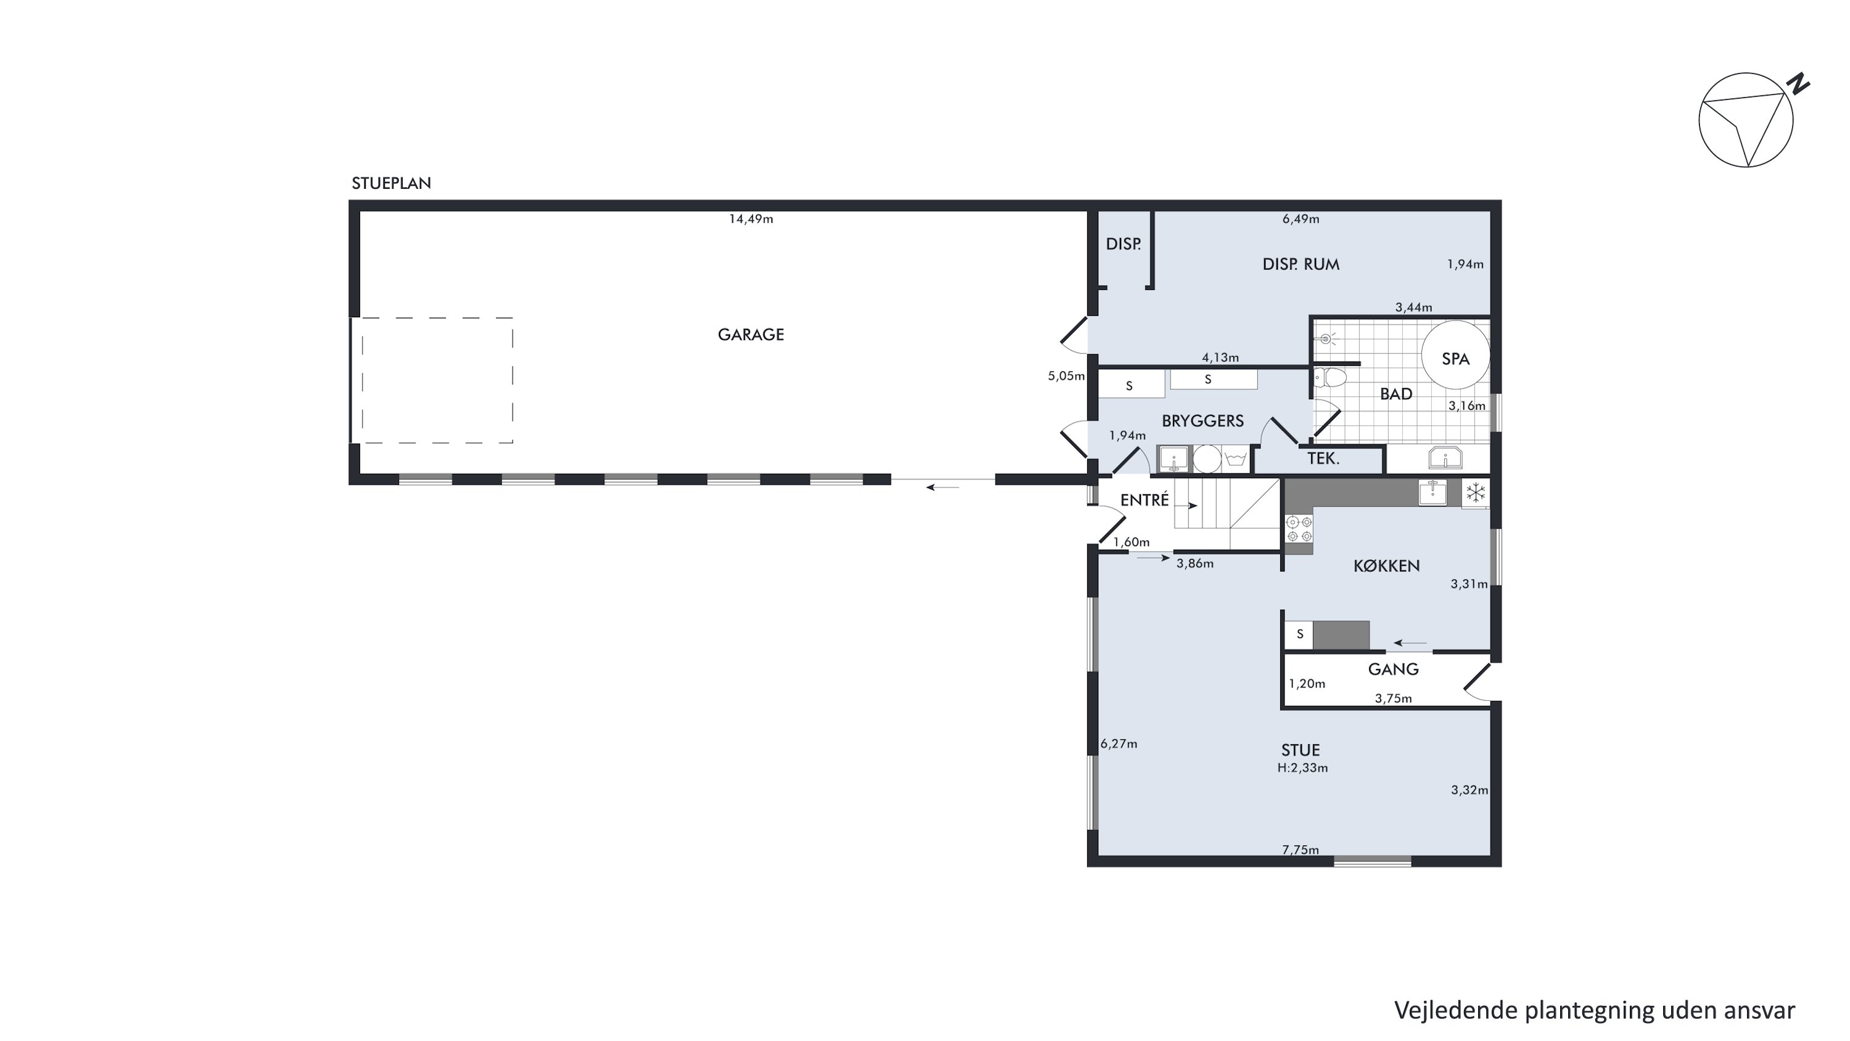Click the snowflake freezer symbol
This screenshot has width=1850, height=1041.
click(x=1475, y=493)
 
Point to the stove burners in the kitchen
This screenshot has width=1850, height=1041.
click(x=1299, y=529)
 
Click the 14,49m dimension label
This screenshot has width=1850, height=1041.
click(x=751, y=219)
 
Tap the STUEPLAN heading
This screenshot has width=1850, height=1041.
click(x=392, y=183)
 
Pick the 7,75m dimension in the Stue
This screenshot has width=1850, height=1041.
click(x=1301, y=850)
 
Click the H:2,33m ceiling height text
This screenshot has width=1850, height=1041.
click(x=1302, y=768)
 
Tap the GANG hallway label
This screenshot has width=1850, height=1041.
click(x=1393, y=670)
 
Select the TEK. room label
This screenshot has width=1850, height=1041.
click(x=1323, y=458)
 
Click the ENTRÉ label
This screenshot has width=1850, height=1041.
click(x=1145, y=499)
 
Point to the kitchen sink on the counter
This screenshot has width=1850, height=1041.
click(x=1432, y=493)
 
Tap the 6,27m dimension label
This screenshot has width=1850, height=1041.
click(x=1119, y=744)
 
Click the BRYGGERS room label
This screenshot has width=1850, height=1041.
click(x=1203, y=421)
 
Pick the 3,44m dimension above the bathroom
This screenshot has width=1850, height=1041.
click(x=1413, y=307)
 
